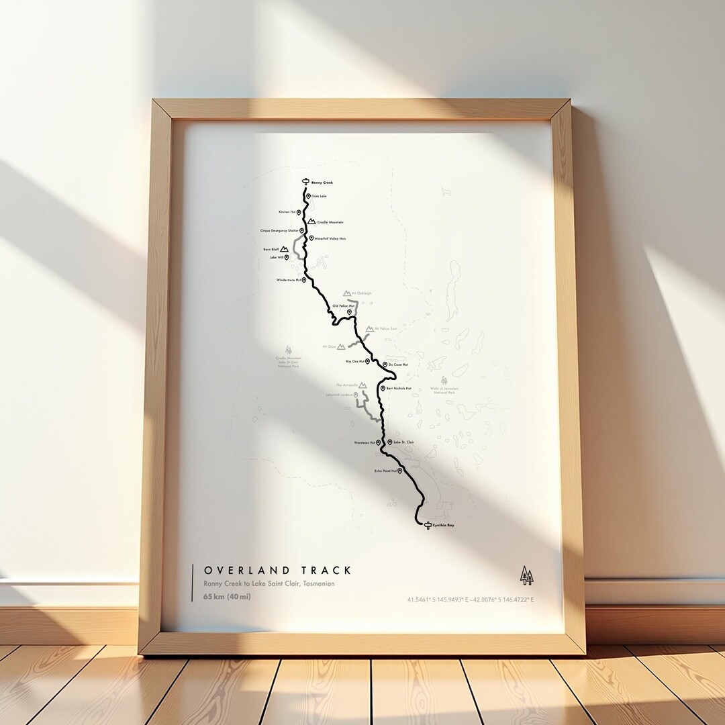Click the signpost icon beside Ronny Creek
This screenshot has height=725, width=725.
(305, 182)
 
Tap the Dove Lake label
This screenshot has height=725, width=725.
(319, 196)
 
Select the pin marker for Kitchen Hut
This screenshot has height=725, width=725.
(299, 212)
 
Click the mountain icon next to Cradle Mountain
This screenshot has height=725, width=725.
(311, 222)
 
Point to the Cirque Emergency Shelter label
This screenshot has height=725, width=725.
(279, 230)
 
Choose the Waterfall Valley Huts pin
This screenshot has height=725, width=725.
(311, 238)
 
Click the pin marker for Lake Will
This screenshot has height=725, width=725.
(287, 257)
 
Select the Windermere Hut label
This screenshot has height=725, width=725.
(288, 280)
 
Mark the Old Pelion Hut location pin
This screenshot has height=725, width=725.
(349, 311)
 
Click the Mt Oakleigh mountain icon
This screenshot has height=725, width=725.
(347, 293)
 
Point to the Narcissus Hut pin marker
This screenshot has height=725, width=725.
(379, 442)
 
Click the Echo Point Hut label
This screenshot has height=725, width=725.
(385, 471)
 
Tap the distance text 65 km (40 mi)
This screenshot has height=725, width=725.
(227, 597)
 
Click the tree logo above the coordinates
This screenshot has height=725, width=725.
(527, 575)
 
